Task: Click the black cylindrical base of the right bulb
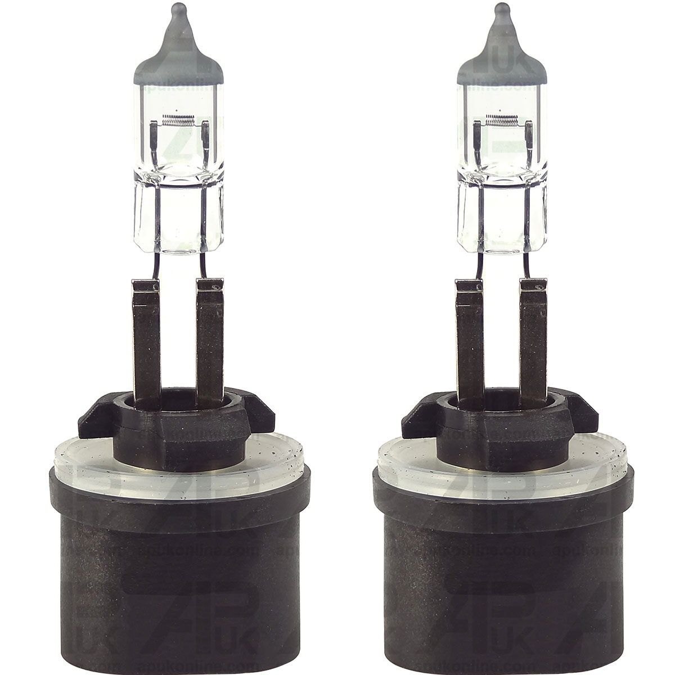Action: pos(501,562)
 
